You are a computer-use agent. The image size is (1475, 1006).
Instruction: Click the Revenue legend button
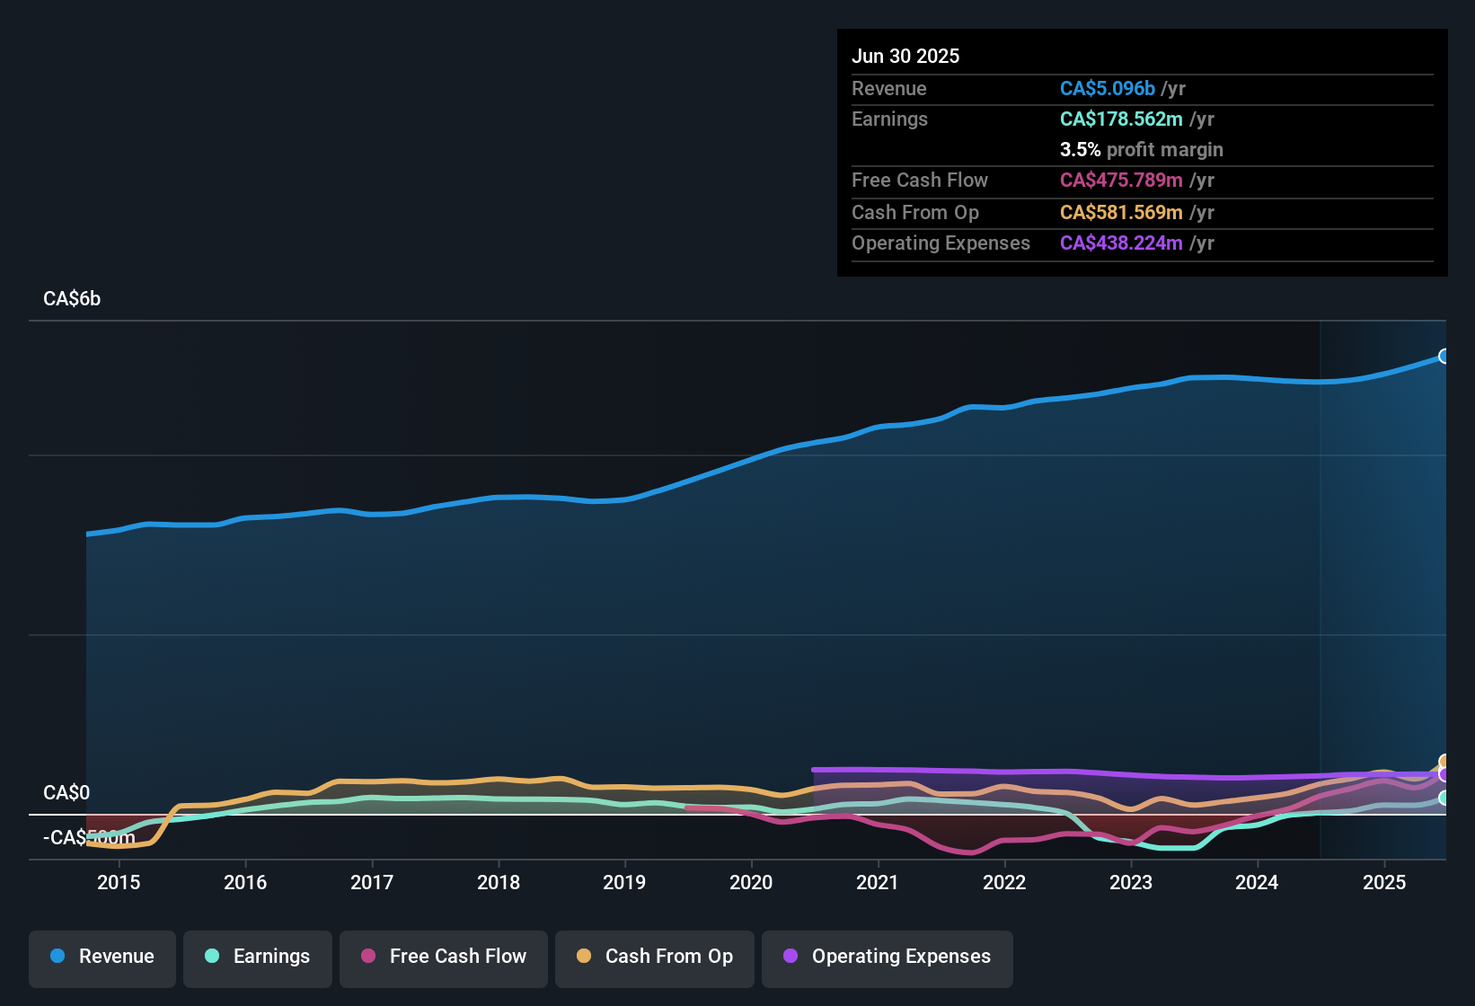(x=102, y=957)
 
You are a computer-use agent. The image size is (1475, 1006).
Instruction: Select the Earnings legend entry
(x=258, y=957)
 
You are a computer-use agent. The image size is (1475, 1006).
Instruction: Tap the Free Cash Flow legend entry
(x=444, y=957)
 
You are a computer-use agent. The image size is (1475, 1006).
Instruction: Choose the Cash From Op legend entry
(x=655, y=957)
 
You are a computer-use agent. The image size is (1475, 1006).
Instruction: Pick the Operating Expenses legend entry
(x=888, y=957)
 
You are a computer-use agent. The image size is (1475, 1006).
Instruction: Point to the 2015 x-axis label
(x=119, y=882)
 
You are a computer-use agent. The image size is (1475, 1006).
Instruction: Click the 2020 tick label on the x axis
(x=751, y=882)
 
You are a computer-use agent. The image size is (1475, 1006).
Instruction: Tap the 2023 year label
(x=1131, y=882)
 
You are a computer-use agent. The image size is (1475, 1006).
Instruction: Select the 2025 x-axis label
(x=1384, y=882)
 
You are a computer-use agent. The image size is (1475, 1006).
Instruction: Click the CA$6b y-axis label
(x=72, y=298)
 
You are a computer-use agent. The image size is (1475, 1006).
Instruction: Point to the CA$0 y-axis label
(x=66, y=792)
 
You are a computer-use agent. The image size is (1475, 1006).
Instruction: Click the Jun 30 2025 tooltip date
(x=905, y=56)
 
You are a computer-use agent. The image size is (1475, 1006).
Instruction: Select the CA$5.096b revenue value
(x=1107, y=88)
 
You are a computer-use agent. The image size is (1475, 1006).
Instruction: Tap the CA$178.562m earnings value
(x=1120, y=119)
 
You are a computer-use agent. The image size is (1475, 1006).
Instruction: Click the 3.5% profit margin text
(x=1141, y=149)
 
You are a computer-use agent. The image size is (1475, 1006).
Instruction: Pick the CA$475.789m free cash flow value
(x=1120, y=180)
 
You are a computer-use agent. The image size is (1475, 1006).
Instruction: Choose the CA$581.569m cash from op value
(x=1120, y=212)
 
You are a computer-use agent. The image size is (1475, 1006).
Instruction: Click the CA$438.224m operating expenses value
(x=1120, y=243)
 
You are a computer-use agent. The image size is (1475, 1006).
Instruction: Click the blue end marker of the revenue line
(x=1444, y=356)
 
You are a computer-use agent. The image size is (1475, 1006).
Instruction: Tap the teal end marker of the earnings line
(x=1444, y=798)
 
